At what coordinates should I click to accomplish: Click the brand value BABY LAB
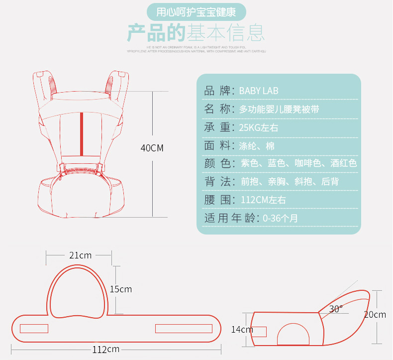(258, 91)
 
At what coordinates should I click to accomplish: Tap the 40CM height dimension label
(152, 148)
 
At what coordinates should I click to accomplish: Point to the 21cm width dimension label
(80, 255)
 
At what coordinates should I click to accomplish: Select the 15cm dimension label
(121, 289)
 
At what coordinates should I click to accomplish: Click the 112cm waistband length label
(105, 349)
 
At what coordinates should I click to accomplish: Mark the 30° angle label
(336, 309)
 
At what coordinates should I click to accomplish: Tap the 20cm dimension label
(375, 315)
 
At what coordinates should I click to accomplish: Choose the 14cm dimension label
(242, 330)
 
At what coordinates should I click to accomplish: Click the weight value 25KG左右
(258, 128)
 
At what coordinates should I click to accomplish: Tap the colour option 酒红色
(344, 164)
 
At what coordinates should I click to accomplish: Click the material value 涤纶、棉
(256, 146)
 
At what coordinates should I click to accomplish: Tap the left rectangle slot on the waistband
(34, 329)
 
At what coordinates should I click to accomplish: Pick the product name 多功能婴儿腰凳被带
(279, 110)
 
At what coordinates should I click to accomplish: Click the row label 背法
(217, 182)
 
